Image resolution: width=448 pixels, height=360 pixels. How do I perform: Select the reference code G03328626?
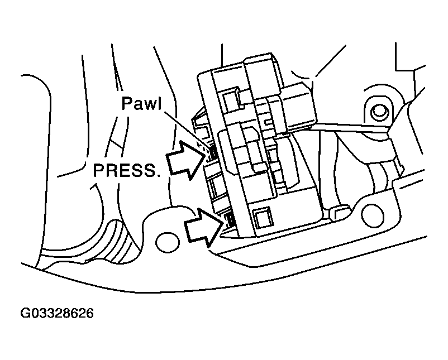(x=57, y=313)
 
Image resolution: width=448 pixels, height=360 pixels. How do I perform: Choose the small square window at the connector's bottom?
(x=260, y=216)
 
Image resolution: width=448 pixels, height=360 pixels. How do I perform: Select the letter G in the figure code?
(x=26, y=313)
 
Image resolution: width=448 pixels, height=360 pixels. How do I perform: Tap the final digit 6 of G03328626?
(x=89, y=313)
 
